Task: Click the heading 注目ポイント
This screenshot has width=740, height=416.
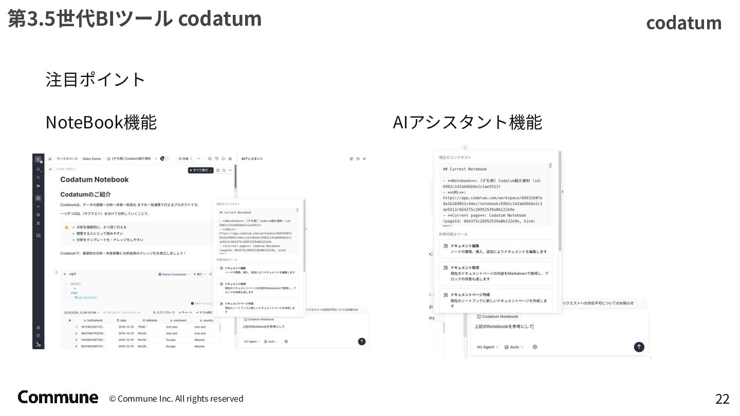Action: pyautogui.click(x=96, y=80)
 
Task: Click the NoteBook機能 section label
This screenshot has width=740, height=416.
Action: pyautogui.click(x=101, y=122)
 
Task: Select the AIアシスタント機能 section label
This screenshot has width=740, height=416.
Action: pyautogui.click(x=467, y=122)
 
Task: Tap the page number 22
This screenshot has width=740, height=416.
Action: pyautogui.click(x=722, y=399)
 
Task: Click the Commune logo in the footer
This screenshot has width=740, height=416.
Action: pyautogui.click(x=58, y=397)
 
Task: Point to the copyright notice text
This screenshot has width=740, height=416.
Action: pyautogui.click(x=176, y=399)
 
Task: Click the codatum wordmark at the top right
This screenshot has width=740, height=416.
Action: pyautogui.click(x=683, y=23)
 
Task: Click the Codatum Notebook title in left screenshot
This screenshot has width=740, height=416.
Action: pyautogui.click(x=95, y=179)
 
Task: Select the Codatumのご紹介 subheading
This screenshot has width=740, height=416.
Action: pyautogui.click(x=85, y=195)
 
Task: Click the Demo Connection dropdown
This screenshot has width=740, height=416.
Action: pyautogui.click(x=174, y=274)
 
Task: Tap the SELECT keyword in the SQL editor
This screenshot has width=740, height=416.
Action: pyautogui.click(x=76, y=284)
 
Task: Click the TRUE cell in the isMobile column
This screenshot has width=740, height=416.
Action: pyautogui.click(x=141, y=327)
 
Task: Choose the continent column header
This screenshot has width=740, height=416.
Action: pyautogui.click(x=177, y=320)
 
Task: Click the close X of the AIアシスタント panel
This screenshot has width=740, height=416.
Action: pyautogui.click(x=364, y=159)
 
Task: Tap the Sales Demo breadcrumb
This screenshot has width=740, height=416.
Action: pyautogui.click(x=91, y=159)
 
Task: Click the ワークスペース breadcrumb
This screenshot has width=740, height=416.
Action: pyautogui.click(x=67, y=159)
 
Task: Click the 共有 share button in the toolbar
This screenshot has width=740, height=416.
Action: pyautogui.click(x=186, y=159)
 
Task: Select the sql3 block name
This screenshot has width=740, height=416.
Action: pyautogui.click(x=72, y=274)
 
